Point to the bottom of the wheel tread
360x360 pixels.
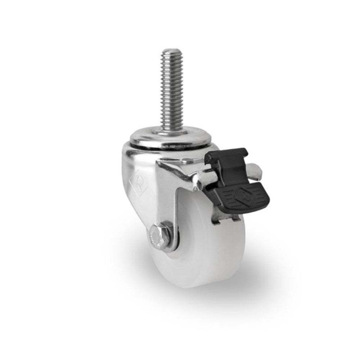click(202, 284)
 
